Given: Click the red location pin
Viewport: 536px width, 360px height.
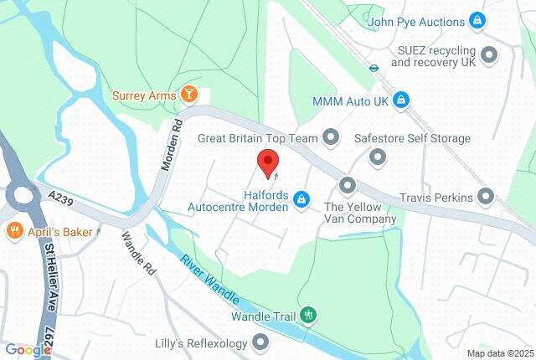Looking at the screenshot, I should [x=267, y=162].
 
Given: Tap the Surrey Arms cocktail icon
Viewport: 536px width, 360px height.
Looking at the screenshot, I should [x=190, y=95].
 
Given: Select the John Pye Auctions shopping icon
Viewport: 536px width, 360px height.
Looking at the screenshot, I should [x=477, y=20].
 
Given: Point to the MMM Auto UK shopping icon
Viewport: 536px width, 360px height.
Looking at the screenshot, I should [x=402, y=100].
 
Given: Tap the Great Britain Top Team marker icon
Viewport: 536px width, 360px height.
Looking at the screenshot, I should [x=332, y=136].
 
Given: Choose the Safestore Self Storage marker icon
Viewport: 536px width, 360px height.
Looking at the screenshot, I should [x=379, y=157].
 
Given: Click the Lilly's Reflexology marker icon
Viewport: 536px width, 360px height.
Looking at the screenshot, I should [x=261, y=342].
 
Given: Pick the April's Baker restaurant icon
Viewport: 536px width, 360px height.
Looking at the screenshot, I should [x=13, y=229].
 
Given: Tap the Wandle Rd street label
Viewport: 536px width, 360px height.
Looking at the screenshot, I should [x=140, y=253].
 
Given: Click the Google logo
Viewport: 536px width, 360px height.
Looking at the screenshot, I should [x=28, y=351].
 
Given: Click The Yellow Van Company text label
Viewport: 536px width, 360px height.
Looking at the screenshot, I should [x=360, y=213].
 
